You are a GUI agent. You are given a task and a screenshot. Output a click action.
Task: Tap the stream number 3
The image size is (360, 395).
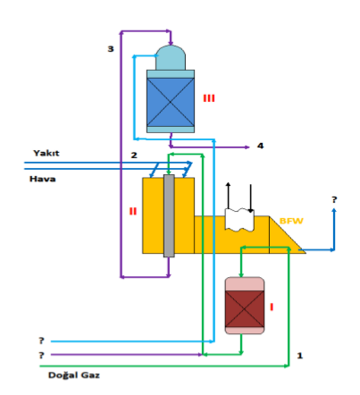coord(110,49)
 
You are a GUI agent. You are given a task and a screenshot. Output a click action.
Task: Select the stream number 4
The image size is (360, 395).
coord(261,145)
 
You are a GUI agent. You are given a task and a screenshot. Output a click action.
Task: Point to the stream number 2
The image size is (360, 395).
coord(133,156)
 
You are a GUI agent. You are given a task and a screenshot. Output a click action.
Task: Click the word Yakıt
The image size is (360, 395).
coord(46,153)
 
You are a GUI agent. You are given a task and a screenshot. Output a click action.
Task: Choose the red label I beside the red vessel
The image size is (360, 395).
coord(272,307)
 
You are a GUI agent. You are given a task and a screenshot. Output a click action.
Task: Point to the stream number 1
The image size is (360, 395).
coord(299,355)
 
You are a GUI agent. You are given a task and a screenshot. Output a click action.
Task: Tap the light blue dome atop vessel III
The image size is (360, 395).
coord(171,58)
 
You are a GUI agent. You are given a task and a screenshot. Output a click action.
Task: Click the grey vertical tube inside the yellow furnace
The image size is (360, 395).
coord(167,214)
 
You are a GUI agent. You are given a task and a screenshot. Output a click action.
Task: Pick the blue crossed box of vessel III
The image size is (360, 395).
coord(170,100)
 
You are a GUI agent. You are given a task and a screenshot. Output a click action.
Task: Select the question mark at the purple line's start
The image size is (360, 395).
coord(41,355)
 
